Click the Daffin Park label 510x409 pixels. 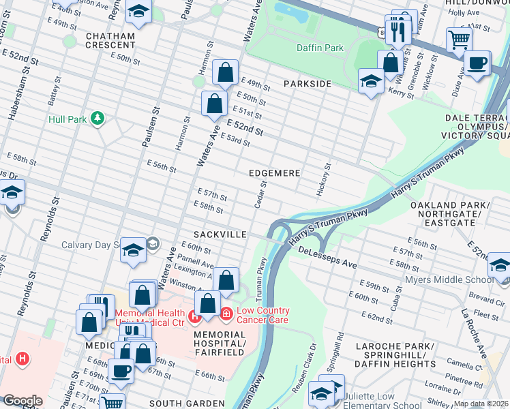(x=320, y=48)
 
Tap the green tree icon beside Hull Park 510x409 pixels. (x=97, y=119)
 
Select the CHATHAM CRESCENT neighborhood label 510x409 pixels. (x=110, y=40)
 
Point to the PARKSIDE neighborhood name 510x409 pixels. (x=307, y=83)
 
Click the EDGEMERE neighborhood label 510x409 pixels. (x=274, y=173)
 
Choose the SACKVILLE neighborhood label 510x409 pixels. (x=220, y=234)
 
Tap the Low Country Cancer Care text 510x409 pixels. (x=262, y=315)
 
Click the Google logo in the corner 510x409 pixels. (x=22, y=401)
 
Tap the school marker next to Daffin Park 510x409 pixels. (x=370, y=82)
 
